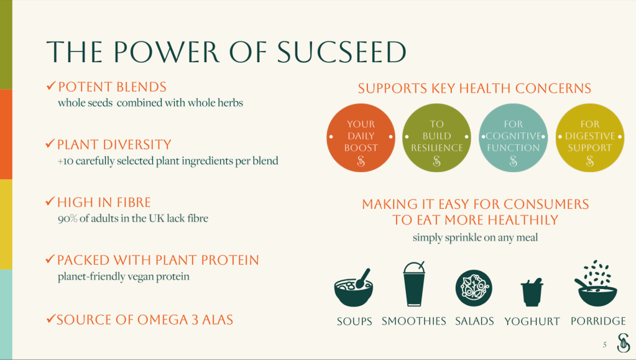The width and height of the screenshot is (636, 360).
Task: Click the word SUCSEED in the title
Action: (x=341, y=52)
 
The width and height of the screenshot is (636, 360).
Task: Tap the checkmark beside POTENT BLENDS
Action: (x=51, y=86)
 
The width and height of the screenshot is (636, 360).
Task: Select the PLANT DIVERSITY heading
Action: (x=114, y=144)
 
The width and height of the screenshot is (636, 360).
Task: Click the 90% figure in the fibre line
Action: (x=67, y=218)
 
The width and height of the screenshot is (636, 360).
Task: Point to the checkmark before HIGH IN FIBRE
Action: (x=50, y=201)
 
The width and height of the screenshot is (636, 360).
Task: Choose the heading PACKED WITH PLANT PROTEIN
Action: (x=158, y=260)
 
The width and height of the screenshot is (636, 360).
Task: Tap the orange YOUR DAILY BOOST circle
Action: (x=361, y=137)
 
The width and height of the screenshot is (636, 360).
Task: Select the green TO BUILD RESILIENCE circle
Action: (x=437, y=137)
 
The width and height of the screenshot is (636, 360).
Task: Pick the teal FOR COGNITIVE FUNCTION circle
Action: (x=513, y=137)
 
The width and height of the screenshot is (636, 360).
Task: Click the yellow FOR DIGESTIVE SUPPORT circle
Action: (x=590, y=137)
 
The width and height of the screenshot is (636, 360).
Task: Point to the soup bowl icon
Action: (x=354, y=287)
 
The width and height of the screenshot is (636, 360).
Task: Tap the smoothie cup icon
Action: (x=413, y=284)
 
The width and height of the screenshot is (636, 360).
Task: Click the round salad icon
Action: (x=474, y=288)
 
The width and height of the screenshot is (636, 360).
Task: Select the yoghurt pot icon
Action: (x=532, y=292)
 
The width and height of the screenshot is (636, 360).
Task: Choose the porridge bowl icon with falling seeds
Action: (x=596, y=284)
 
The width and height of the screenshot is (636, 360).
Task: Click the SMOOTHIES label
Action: (x=413, y=321)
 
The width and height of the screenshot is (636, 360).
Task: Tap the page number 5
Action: (x=605, y=345)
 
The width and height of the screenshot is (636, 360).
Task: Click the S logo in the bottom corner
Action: (x=624, y=343)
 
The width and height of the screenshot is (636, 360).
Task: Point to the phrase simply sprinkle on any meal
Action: (x=476, y=238)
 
